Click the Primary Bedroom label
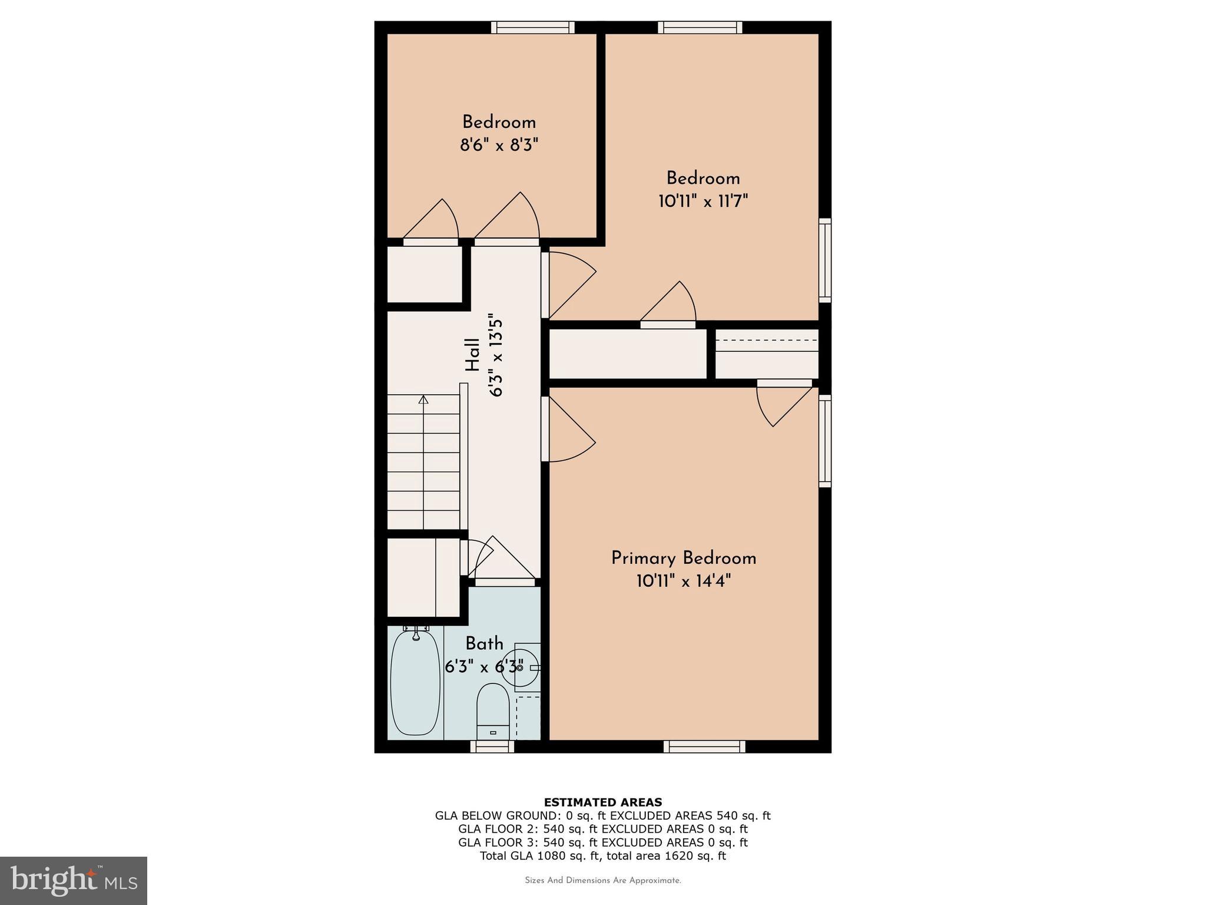pos(683,558)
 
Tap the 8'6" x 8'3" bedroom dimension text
pos(499,145)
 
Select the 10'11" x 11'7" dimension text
pos(703,202)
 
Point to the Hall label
pos(472,355)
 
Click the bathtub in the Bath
pos(415,682)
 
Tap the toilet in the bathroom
pos(492,710)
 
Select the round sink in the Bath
pos(518,668)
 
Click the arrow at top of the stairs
pos(423,400)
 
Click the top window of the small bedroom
pos(532,27)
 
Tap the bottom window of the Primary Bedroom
pos(704,747)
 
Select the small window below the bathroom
pos(492,747)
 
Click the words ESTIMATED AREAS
pos(602,802)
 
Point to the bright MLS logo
pos(74,880)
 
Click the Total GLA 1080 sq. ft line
pos(602,856)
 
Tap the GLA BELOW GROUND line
pos(602,815)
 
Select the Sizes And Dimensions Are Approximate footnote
pos(602,880)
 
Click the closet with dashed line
pos(766,354)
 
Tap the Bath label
pos(484,643)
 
